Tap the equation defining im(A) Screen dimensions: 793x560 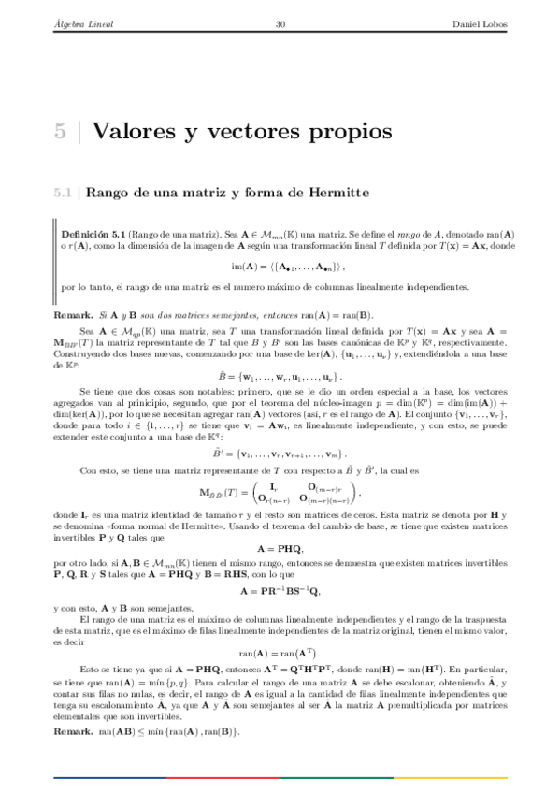tap(280, 266)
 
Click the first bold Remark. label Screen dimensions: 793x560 tap(73, 315)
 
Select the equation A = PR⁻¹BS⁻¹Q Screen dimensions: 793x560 tap(280, 592)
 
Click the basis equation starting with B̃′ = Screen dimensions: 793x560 tap(280, 452)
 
